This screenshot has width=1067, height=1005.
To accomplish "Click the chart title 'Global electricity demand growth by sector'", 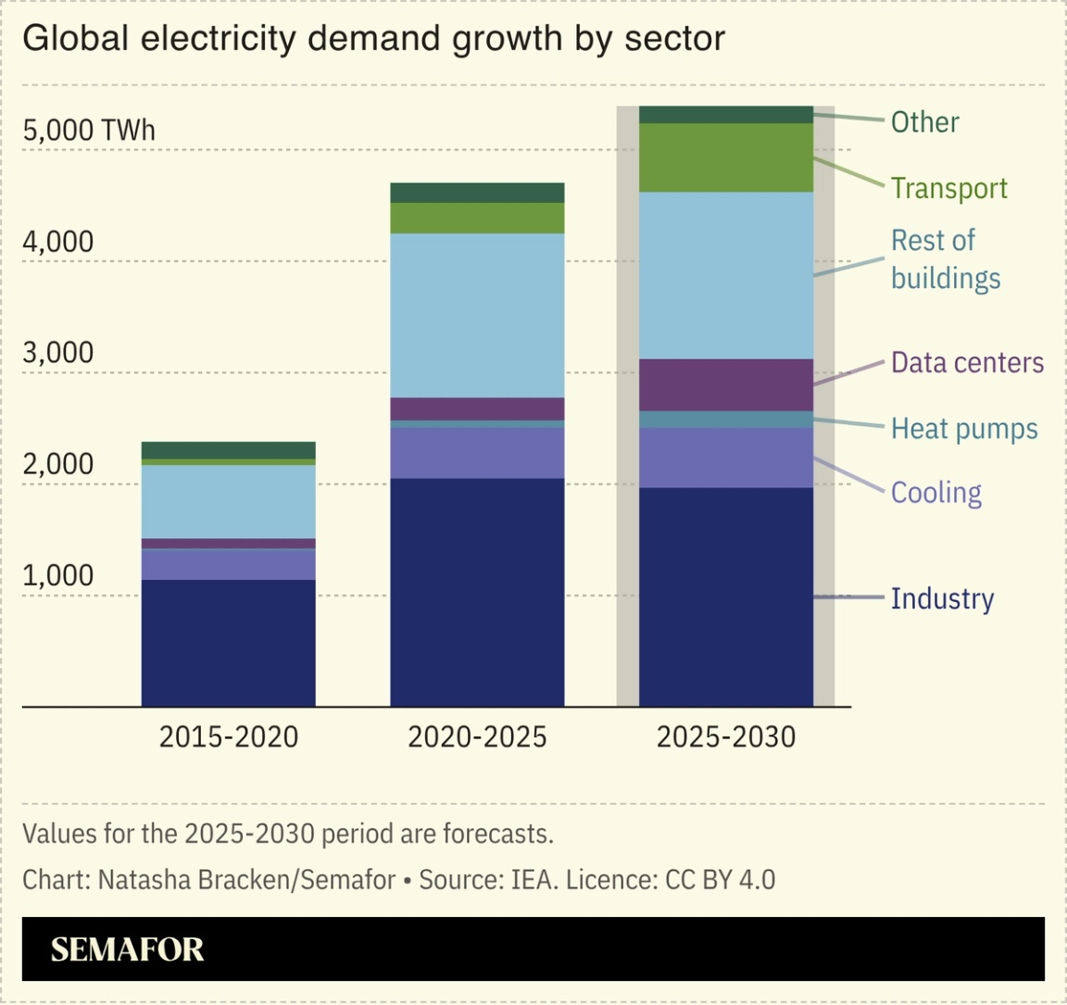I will click(x=373, y=39).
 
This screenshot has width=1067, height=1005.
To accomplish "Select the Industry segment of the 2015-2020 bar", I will click(x=228, y=643).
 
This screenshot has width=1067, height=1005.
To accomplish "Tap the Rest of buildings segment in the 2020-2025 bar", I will click(x=477, y=315).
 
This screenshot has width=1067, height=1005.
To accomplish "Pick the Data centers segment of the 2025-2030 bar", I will click(x=726, y=384).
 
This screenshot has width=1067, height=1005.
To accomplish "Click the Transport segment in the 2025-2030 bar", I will click(x=726, y=157).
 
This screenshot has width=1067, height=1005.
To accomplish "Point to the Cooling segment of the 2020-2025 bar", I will click(x=477, y=453).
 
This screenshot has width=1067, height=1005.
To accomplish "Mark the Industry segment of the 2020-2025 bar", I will click(x=477, y=593).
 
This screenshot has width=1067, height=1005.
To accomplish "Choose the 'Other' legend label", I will click(x=924, y=122).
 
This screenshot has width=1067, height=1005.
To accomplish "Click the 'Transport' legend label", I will click(x=948, y=188).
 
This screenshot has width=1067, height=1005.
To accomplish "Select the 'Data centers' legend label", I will click(x=967, y=362).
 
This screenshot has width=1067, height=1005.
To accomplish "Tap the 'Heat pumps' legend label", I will click(x=964, y=429).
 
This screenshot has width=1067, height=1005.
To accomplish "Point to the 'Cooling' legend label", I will click(x=935, y=492).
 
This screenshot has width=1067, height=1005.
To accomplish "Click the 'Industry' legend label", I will click(x=942, y=598).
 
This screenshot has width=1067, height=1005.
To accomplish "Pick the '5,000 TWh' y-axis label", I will click(x=89, y=130).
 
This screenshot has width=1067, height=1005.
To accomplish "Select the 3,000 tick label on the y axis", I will click(x=58, y=352).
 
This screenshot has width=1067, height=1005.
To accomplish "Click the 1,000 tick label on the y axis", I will click(x=58, y=575).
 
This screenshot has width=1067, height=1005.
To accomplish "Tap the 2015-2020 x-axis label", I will click(x=229, y=737).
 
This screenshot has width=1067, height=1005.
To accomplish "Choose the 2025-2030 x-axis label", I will click(x=726, y=737).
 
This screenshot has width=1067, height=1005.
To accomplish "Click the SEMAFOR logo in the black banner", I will click(x=127, y=949).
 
